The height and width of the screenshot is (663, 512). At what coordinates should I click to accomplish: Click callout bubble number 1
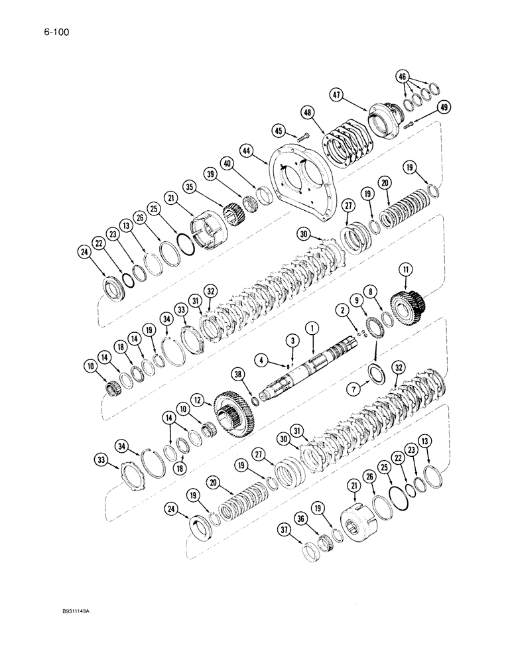click(310, 328)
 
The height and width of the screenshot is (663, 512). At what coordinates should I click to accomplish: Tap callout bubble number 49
click(444, 107)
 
